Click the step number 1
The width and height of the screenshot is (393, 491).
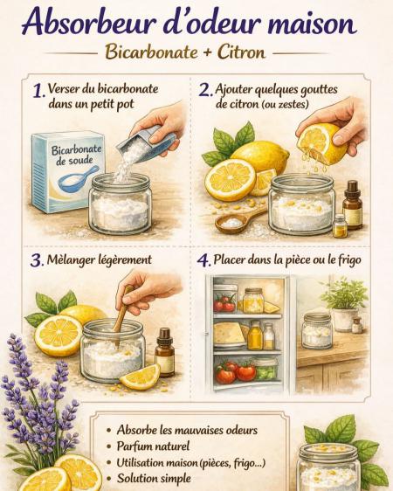click(x=38, y=91)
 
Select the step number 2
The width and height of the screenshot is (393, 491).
click(x=205, y=90)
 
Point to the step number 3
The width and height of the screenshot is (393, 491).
click(x=37, y=260)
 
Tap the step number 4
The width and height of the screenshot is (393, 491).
click(x=203, y=260)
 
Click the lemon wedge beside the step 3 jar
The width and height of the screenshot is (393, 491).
click(x=140, y=377)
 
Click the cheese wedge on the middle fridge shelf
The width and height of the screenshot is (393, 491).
click(x=229, y=333)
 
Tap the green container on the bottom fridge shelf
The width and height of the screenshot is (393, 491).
click(x=265, y=369)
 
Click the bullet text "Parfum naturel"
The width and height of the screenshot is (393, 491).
click(x=153, y=446)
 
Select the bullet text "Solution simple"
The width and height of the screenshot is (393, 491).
click(x=154, y=478)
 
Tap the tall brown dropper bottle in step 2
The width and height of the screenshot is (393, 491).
click(x=352, y=204)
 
